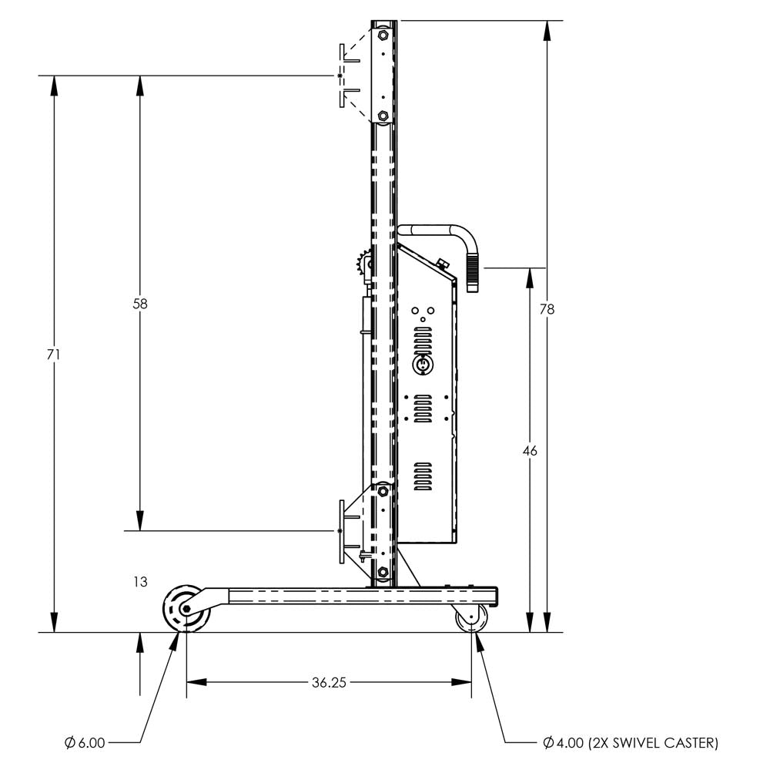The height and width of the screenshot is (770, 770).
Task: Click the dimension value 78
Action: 547,309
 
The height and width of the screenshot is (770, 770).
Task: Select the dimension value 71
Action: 54,355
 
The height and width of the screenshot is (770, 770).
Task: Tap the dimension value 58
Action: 139,304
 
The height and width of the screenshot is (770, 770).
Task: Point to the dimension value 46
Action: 530,451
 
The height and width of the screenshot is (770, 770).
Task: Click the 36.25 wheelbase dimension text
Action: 329,682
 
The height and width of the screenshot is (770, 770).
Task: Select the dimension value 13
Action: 139,582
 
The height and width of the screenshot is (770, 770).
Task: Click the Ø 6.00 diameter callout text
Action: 85,743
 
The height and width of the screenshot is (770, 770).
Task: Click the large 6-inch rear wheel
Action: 184,609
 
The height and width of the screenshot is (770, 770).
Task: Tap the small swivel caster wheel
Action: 472,618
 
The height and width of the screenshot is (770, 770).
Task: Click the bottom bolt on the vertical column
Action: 383,572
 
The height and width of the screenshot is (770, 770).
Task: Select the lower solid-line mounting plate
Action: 340,532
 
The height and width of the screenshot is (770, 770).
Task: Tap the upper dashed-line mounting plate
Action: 340,76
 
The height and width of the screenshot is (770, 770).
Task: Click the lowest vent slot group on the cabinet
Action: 423,477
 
